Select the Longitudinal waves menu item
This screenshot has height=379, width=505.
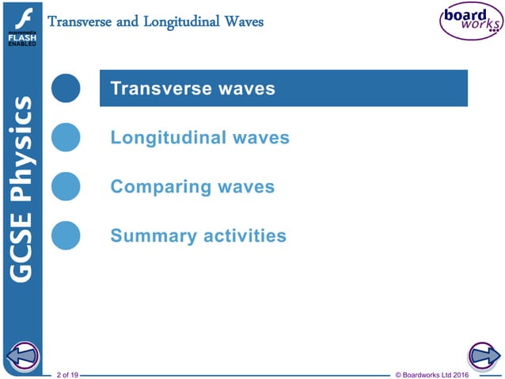(x=199, y=138)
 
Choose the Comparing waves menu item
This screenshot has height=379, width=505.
(x=192, y=187)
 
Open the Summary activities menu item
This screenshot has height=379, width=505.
(x=198, y=236)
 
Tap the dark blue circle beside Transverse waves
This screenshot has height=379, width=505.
(x=66, y=88)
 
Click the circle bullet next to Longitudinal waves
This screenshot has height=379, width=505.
(x=66, y=137)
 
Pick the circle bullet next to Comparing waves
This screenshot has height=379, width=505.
(x=66, y=186)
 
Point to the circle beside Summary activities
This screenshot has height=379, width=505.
(x=66, y=235)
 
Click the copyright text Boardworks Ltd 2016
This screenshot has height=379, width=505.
(x=431, y=373)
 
